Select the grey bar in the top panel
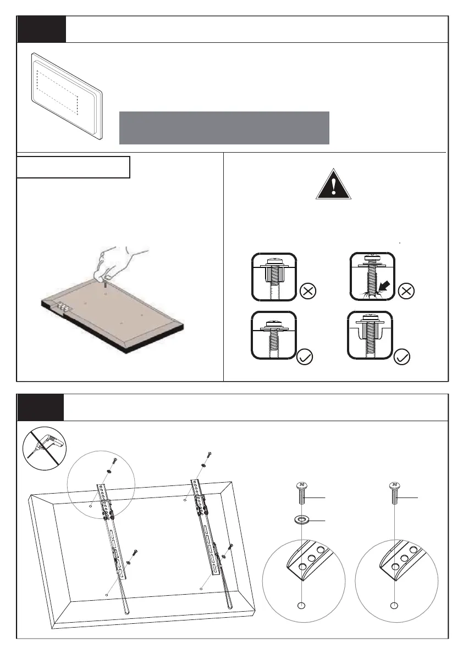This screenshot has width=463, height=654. (x=224, y=127)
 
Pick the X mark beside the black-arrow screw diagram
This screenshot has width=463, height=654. (x=405, y=292)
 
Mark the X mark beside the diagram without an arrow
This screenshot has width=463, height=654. (x=308, y=292)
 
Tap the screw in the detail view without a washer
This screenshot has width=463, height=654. (x=394, y=492)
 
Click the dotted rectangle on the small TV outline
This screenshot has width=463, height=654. (x=57, y=92)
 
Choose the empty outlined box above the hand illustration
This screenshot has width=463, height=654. (x=73, y=167)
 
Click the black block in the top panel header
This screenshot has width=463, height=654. (x=41, y=29)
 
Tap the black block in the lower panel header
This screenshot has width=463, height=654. (x=40, y=407)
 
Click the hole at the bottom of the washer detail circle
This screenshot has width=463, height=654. (x=300, y=606)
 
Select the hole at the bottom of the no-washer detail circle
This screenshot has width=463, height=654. (x=394, y=606)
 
